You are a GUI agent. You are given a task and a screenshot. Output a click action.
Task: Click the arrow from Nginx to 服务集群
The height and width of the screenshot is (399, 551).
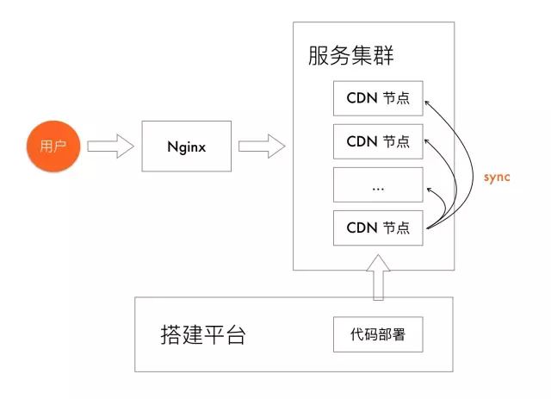(x=261, y=146)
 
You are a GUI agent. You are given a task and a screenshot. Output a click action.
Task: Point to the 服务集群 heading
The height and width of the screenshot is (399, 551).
(x=351, y=57)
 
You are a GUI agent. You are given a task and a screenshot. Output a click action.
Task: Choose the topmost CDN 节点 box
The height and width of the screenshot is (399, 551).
(x=378, y=99)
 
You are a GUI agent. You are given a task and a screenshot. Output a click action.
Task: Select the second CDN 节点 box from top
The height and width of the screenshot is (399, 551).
(x=378, y=140)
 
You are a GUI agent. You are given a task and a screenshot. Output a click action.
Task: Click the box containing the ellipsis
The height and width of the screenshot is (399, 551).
(x=378, y=184)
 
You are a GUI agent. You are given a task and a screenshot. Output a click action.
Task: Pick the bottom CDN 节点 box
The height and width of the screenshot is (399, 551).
(x=378, y=228)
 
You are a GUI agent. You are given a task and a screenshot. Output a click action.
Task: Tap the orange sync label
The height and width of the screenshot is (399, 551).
(x=497, y=177)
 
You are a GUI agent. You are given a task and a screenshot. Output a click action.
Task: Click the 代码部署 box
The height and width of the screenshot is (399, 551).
(x=378, y=334)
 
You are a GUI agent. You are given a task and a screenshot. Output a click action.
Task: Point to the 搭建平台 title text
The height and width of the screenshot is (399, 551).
(x=203, y=334)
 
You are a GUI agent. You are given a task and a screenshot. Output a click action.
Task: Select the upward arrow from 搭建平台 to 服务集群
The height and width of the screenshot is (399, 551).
(x=377, y=276)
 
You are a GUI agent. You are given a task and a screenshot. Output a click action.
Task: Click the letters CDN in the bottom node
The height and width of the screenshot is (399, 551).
(x=362, y=228)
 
